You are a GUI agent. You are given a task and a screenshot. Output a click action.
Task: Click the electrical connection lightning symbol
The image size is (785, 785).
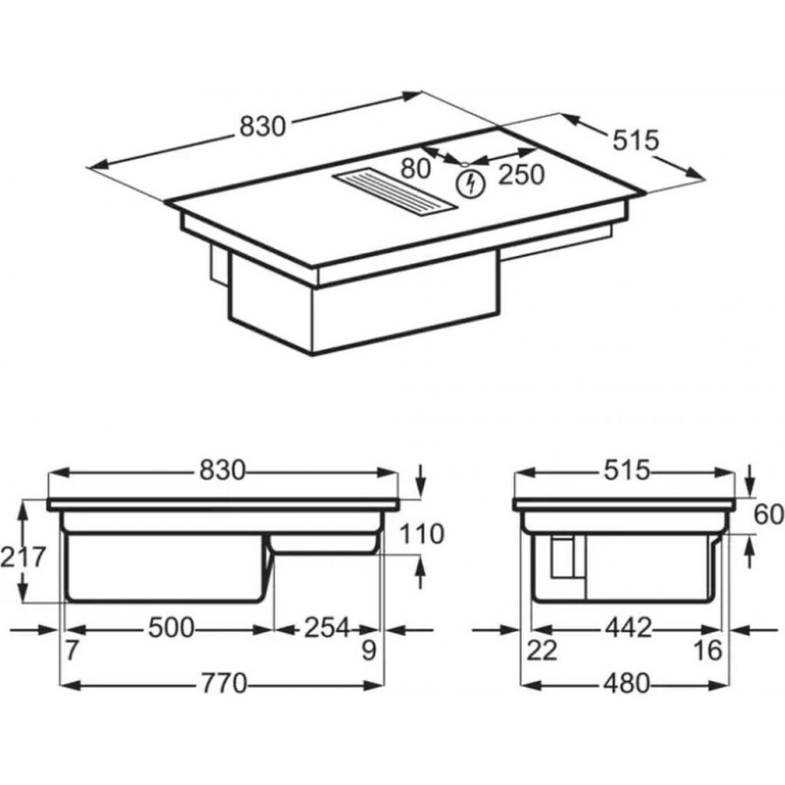470,183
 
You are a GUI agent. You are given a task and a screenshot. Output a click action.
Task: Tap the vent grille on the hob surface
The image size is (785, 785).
394,192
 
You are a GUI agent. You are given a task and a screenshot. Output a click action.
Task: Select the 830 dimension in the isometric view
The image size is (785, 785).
262,127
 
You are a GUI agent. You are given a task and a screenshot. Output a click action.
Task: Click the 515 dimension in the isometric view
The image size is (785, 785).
636,140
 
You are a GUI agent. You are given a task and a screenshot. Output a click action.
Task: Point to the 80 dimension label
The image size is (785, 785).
415,169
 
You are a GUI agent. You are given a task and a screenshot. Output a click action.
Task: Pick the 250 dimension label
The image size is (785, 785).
521,175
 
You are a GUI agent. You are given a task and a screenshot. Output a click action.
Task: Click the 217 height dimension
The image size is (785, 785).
23,557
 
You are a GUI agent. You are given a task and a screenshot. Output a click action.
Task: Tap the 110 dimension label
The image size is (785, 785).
422,534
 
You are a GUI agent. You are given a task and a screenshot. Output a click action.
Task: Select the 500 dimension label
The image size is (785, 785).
171,628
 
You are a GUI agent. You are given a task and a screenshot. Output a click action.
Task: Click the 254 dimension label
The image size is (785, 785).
327,628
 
